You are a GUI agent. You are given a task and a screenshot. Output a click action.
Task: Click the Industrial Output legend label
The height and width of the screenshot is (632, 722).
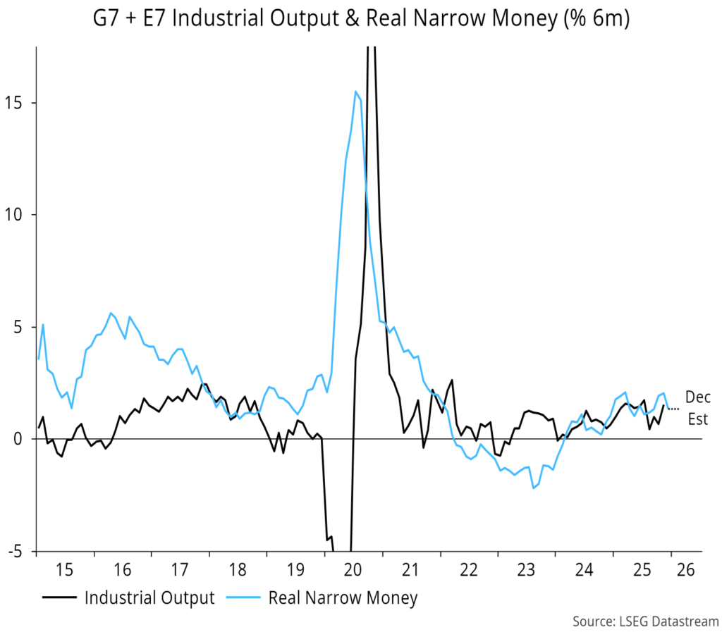pos(149,598)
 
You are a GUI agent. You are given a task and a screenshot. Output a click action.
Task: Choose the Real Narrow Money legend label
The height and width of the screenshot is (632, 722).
pos(343,598)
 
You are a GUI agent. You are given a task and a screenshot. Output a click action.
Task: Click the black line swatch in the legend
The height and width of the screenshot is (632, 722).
pos(60,599)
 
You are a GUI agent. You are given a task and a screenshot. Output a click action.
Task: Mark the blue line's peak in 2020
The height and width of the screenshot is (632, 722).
pos(356,92)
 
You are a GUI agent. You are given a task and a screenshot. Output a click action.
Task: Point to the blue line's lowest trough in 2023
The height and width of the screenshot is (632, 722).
pos(533,488)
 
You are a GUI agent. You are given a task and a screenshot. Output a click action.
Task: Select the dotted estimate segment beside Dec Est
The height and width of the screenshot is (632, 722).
pos(674,409)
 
